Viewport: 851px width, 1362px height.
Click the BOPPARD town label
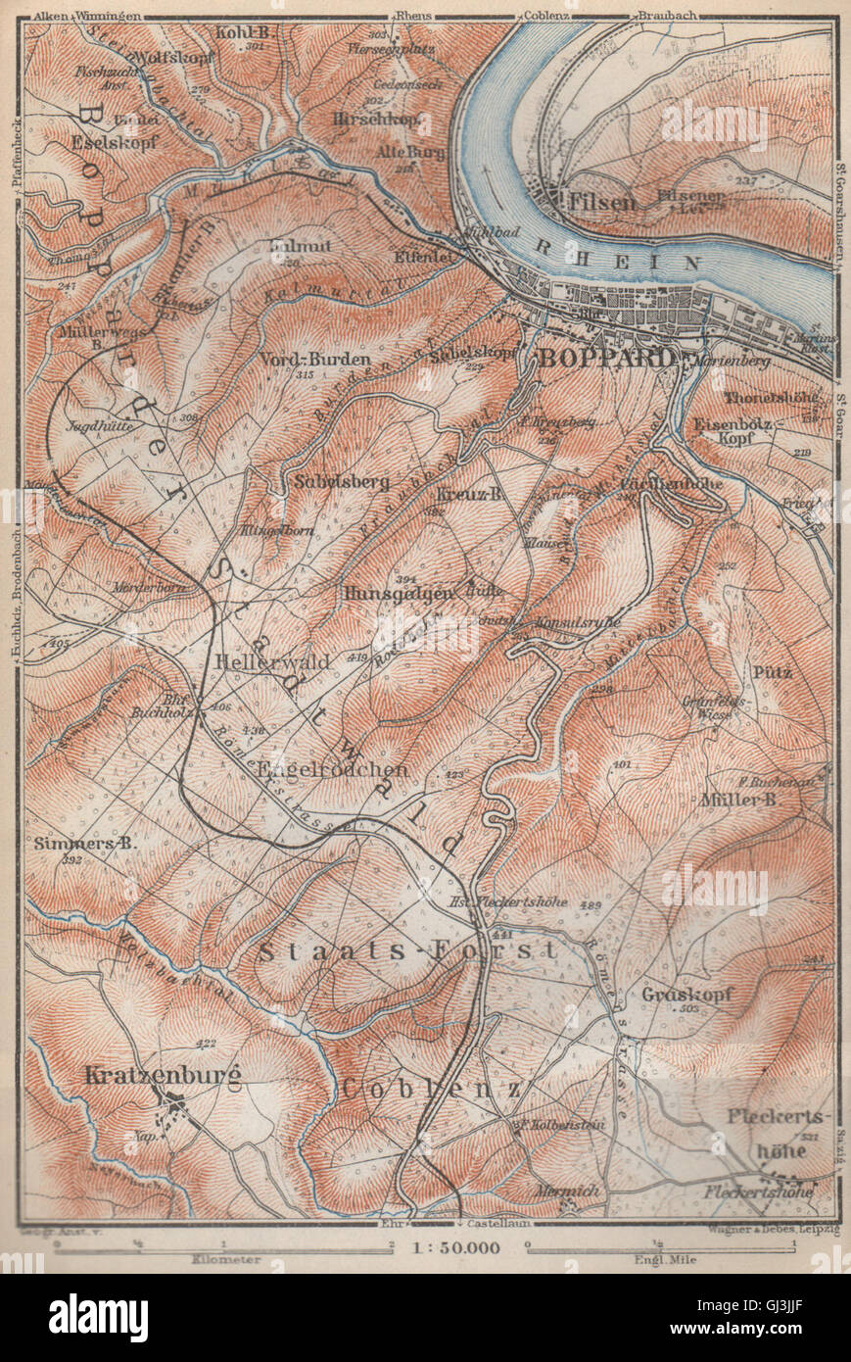pos(606,358)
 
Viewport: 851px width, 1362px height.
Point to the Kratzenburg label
pos(163,1075)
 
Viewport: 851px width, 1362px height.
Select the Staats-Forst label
pos(407,949)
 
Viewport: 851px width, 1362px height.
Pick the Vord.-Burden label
pos(315,359)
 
